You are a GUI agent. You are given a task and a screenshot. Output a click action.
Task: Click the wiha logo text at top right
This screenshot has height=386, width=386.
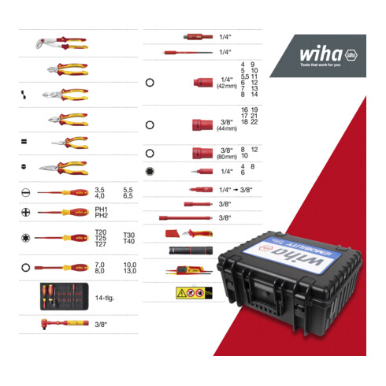point(320,55)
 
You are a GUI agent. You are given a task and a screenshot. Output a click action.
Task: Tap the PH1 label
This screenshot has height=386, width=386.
point(100,209)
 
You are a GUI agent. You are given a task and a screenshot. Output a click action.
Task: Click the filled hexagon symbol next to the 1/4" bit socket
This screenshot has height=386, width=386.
point(150,169)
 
